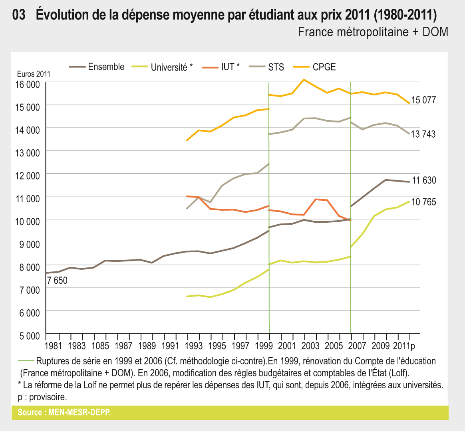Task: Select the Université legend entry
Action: tap(171, 67)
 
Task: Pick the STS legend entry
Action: tap(276, 67)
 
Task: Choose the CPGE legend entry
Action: tap(324, 67)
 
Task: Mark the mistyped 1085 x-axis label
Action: tap(100, 346)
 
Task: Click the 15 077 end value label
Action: tap(423, 100)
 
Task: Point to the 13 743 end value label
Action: tap(423, 134)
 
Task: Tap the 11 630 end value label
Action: tap(424, 180)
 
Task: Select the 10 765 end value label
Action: tap(424, 202)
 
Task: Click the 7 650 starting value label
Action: tap(58, 281)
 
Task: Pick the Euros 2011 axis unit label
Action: tap(34, 74)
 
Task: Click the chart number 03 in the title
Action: tap(19, 15)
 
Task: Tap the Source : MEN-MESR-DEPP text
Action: tap(64, 412)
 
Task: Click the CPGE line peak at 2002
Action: tap(304, 80)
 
